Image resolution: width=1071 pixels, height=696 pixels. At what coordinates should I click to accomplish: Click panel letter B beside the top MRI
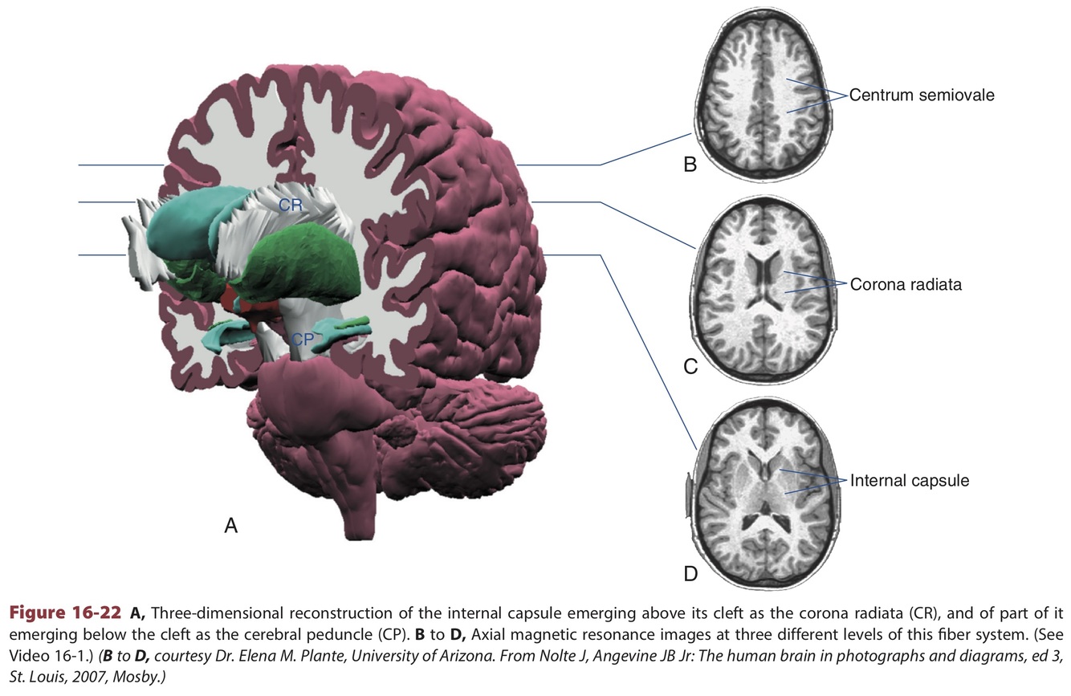[x=690, y=166]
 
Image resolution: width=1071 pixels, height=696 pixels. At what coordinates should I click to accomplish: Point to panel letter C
[x=690, y=368]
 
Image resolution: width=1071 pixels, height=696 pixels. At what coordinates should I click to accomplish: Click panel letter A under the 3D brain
[x=231, y=526]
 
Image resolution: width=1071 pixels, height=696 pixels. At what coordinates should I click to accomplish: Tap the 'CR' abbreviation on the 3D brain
[x=290, y=206]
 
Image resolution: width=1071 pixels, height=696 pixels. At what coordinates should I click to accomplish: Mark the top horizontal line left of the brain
[x=120, y=165]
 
